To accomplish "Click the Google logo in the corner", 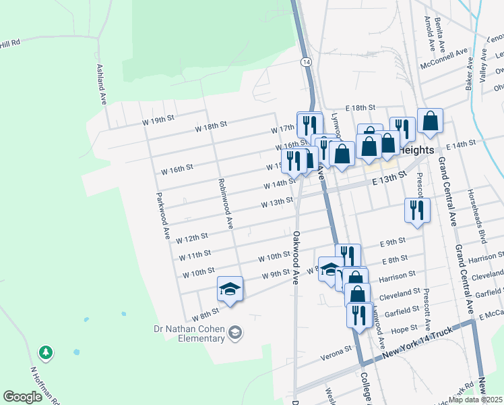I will click(x=23, y=397).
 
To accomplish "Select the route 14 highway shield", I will click(x=306, y=61).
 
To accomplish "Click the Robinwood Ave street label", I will click(x=224, y=202).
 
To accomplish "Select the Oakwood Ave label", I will click(x=295, y=259).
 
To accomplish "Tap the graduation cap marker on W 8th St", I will click(x=230, y=290).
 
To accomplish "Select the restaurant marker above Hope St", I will click(x=359, y=314).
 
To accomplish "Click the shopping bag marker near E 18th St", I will click(x=430, y=121).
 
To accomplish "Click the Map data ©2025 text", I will click(x=476, y=400).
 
